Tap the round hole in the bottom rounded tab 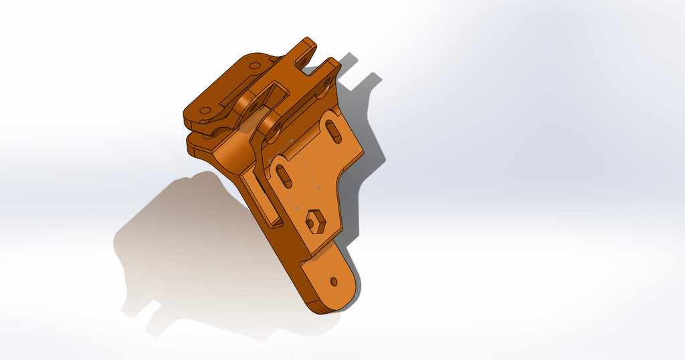[x=334, y=281]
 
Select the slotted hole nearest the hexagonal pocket [x=284, y=177]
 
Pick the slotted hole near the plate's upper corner [x=334, y=130]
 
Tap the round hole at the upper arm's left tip [x=205, y=111]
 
